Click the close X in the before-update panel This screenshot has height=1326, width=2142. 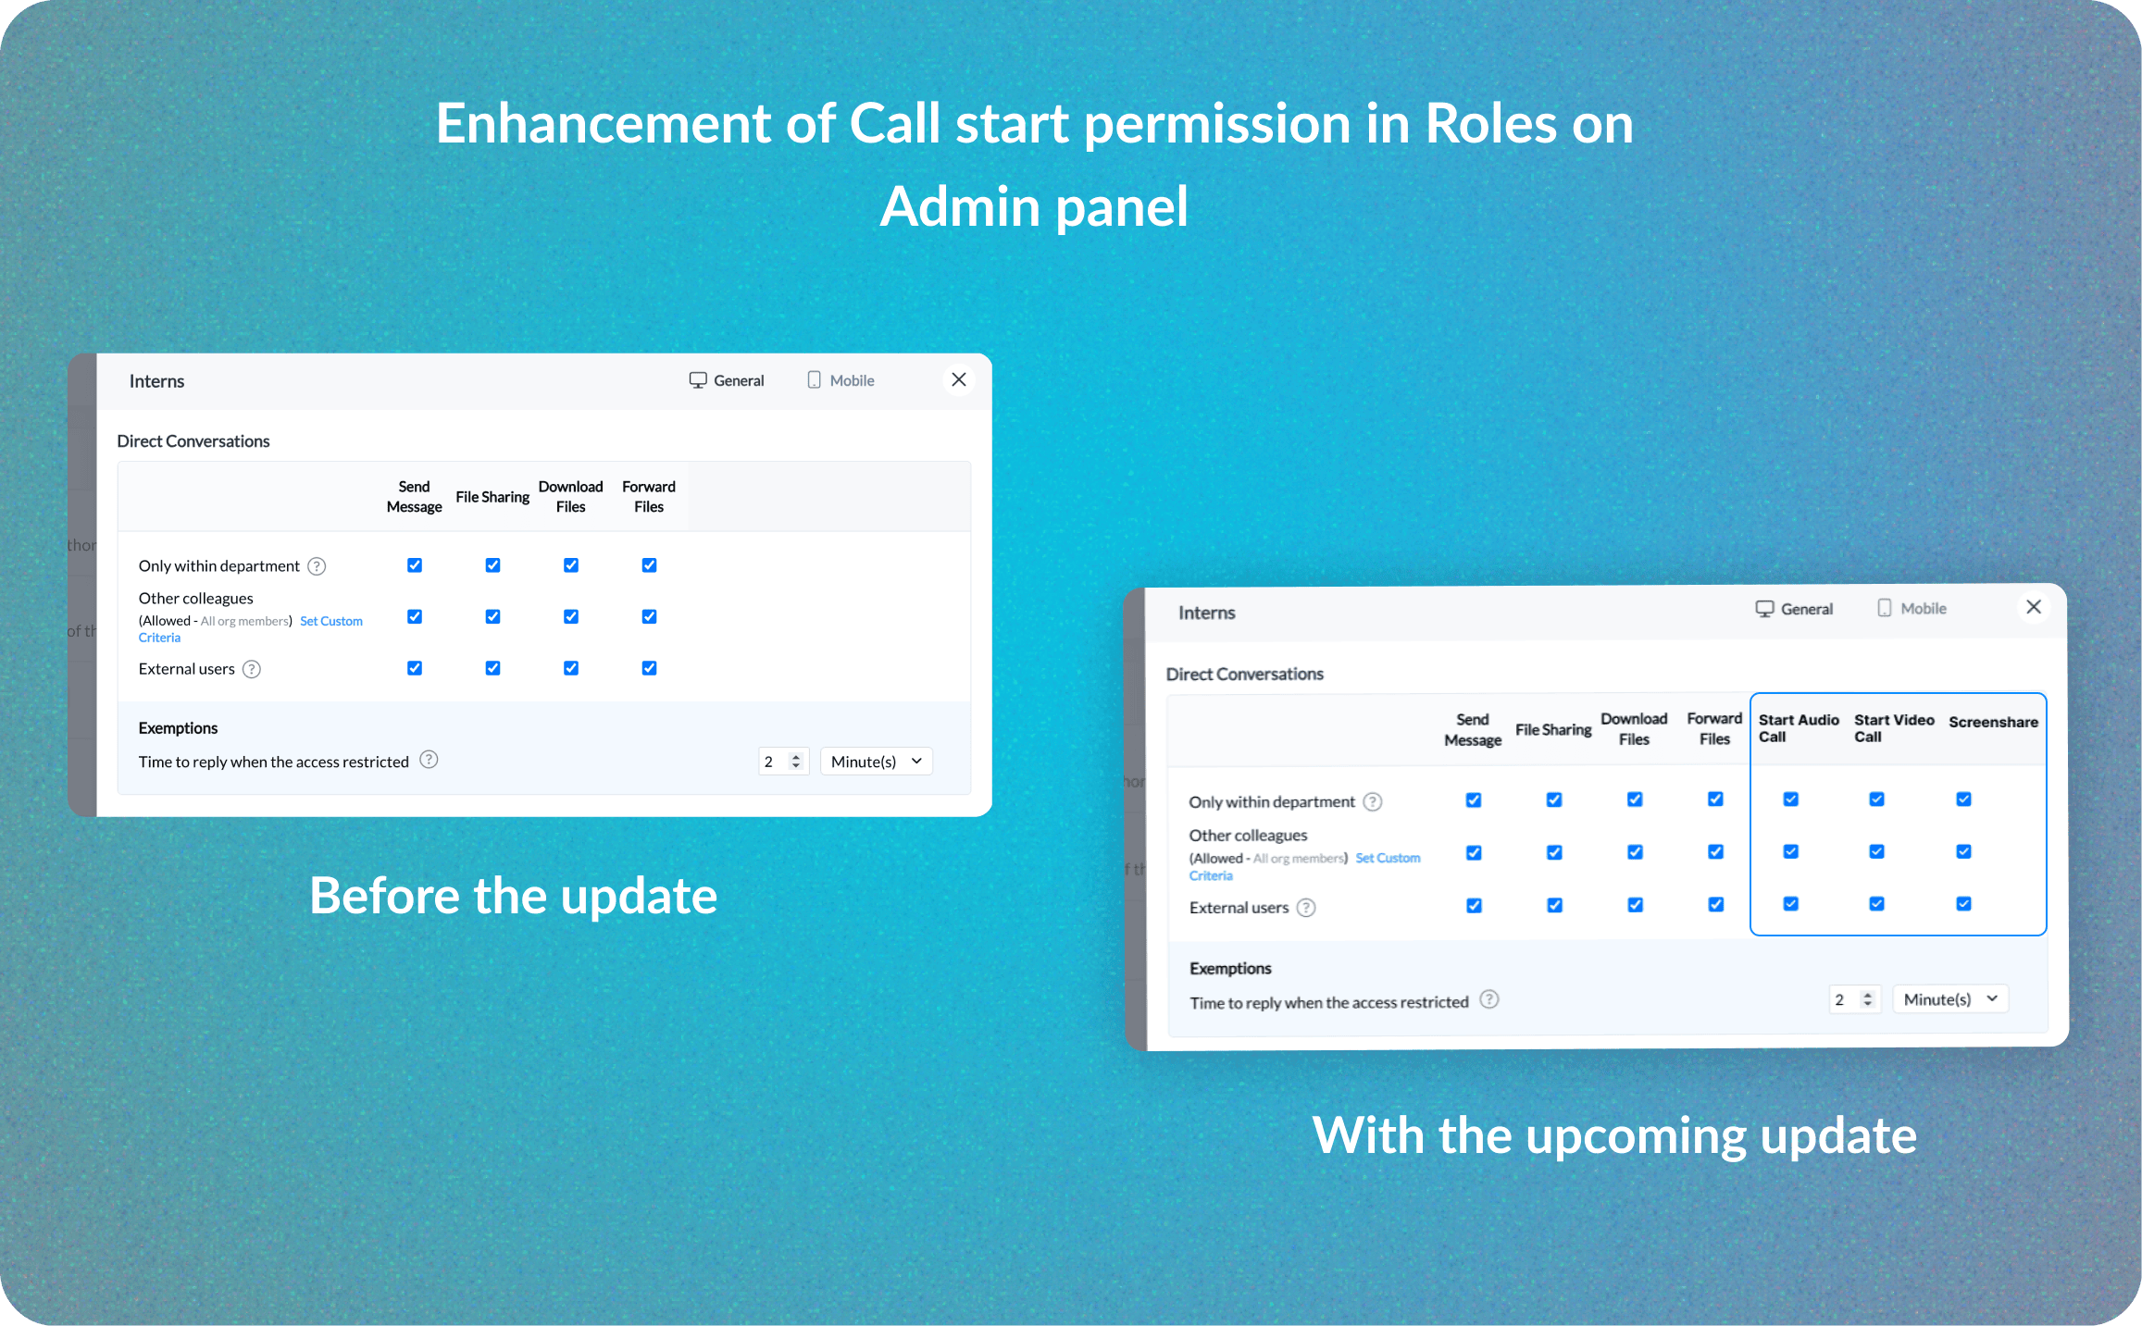(x=959, y=379)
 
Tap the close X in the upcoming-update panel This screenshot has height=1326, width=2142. (x=2034, y=607)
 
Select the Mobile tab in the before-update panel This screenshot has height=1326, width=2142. (x=841, y=380)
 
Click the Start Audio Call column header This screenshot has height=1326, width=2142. (x=1799, y=728)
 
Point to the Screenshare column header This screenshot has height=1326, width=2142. (x=1993, y=722)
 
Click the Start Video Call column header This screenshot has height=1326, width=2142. (x=1894, y=728)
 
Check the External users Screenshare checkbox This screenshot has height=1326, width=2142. (x=1963, y=903)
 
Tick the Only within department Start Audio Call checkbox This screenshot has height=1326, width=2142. (x=1791, y=799)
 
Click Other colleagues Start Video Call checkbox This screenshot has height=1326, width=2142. (x=1876, y=851)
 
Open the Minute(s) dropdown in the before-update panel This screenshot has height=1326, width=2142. (x=876, y=762)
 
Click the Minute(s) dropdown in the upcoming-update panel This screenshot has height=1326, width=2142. (x=1949, y=999)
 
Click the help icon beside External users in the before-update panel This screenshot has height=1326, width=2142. (x=252, y=669)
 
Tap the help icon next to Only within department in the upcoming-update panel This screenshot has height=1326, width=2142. (x=1373, y=802)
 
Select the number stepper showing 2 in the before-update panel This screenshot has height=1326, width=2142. (x=783, y=762)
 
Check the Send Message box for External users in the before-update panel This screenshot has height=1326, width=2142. (x=415, y=668)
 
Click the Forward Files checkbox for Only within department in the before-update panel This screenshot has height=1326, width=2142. (x=649, y=565)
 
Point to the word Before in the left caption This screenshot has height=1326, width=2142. (x=384, y=896)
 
